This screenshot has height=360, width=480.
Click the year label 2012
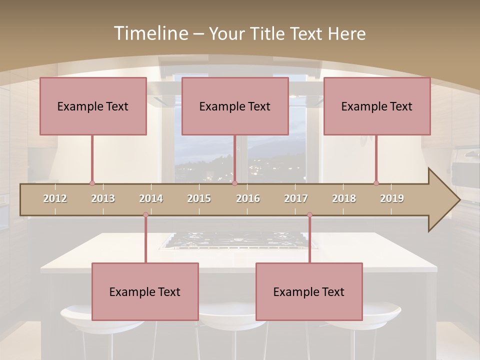55,198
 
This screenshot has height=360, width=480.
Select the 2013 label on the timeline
103,198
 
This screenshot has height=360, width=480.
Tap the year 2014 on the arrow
151,198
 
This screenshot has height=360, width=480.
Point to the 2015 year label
199,198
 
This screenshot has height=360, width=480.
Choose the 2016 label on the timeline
248,198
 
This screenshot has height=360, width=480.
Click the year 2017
296,198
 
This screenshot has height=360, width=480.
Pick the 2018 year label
344,198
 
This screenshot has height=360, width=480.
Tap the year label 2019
392,198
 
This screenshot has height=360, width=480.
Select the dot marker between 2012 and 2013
92,183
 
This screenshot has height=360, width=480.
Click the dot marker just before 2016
234,183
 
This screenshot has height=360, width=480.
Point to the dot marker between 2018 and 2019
376,183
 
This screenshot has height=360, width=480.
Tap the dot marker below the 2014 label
145,215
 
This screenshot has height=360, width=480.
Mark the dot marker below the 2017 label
309,215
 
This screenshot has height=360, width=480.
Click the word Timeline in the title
150,33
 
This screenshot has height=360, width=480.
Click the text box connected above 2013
93,106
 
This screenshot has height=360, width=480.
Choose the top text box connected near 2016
235,106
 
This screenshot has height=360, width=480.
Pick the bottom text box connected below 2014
145,291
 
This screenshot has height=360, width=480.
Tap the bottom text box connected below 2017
309,291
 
